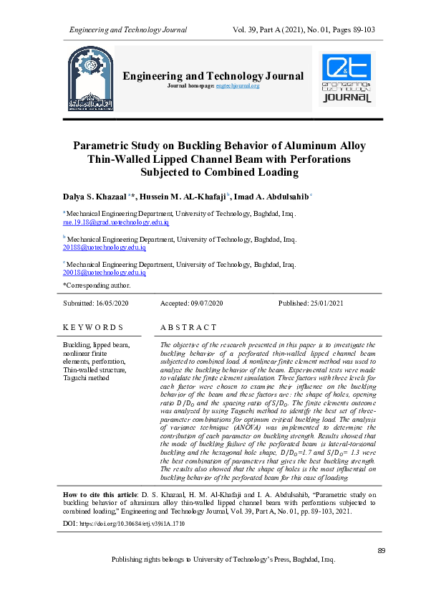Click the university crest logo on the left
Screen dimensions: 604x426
[x=90, y=80]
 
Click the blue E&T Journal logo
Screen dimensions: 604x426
[x=347, y=79]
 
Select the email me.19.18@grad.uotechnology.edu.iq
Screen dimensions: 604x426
[x=116, y=223]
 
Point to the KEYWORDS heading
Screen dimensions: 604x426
[x=93, y=327]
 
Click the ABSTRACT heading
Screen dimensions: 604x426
[x=188, y=327]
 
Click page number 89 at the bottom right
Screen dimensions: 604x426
[x=382, y=550]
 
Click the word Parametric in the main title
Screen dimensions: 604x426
[x=106, y=146]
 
